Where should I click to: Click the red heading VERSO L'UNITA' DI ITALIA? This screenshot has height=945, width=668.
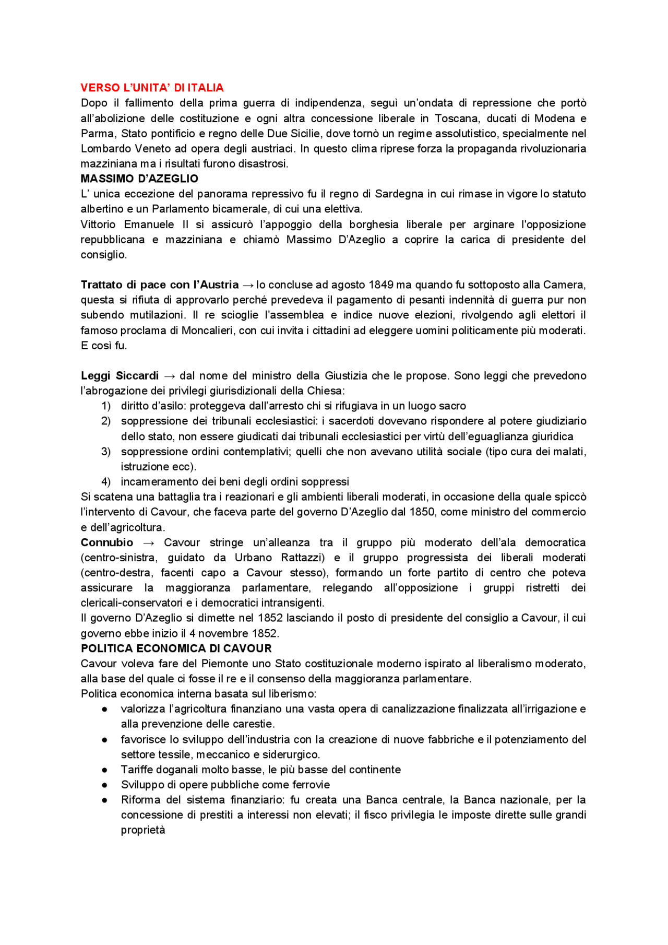[x=152, y=88]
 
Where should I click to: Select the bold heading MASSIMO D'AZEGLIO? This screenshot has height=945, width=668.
[x=139, y=179]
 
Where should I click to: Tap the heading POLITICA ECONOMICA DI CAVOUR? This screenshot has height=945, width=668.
[x=176, y=648]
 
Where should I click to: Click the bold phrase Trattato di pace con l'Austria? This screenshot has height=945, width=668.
[x=159, y=285]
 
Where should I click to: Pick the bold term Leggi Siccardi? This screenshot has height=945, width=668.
[x=120, y=376]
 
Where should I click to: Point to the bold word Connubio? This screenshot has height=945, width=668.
[x=107, y=542]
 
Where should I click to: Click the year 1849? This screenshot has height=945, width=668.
[x=381, y=285]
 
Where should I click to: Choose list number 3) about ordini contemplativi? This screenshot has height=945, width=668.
[x=106, y=452]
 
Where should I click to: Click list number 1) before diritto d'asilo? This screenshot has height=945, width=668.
[x=106, y=406]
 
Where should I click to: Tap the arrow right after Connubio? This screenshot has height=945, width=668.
[x=148, y=543]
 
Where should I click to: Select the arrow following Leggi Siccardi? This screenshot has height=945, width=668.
[x=169, y=376]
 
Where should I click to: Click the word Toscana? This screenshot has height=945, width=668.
[x=456, y=119]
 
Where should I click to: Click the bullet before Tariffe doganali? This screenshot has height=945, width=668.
[x=105, y=770]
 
